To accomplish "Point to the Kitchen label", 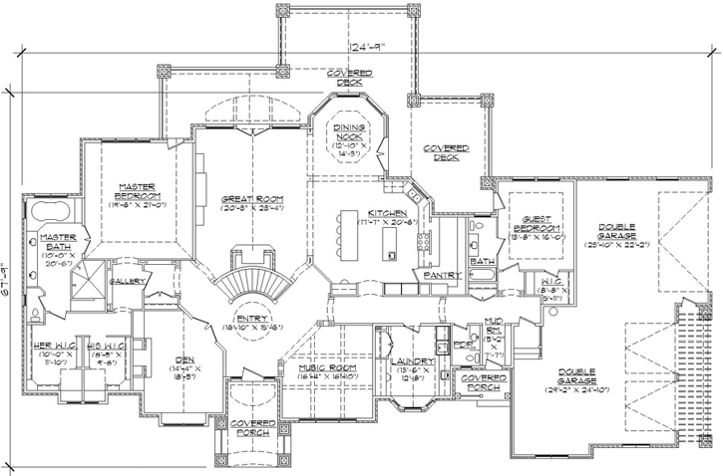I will pyautogui.click(x=386, y=214).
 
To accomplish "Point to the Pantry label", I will pyautogui.click(x=440, y=274).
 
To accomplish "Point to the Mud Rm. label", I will pyautogui.click(x=493, y=323).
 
